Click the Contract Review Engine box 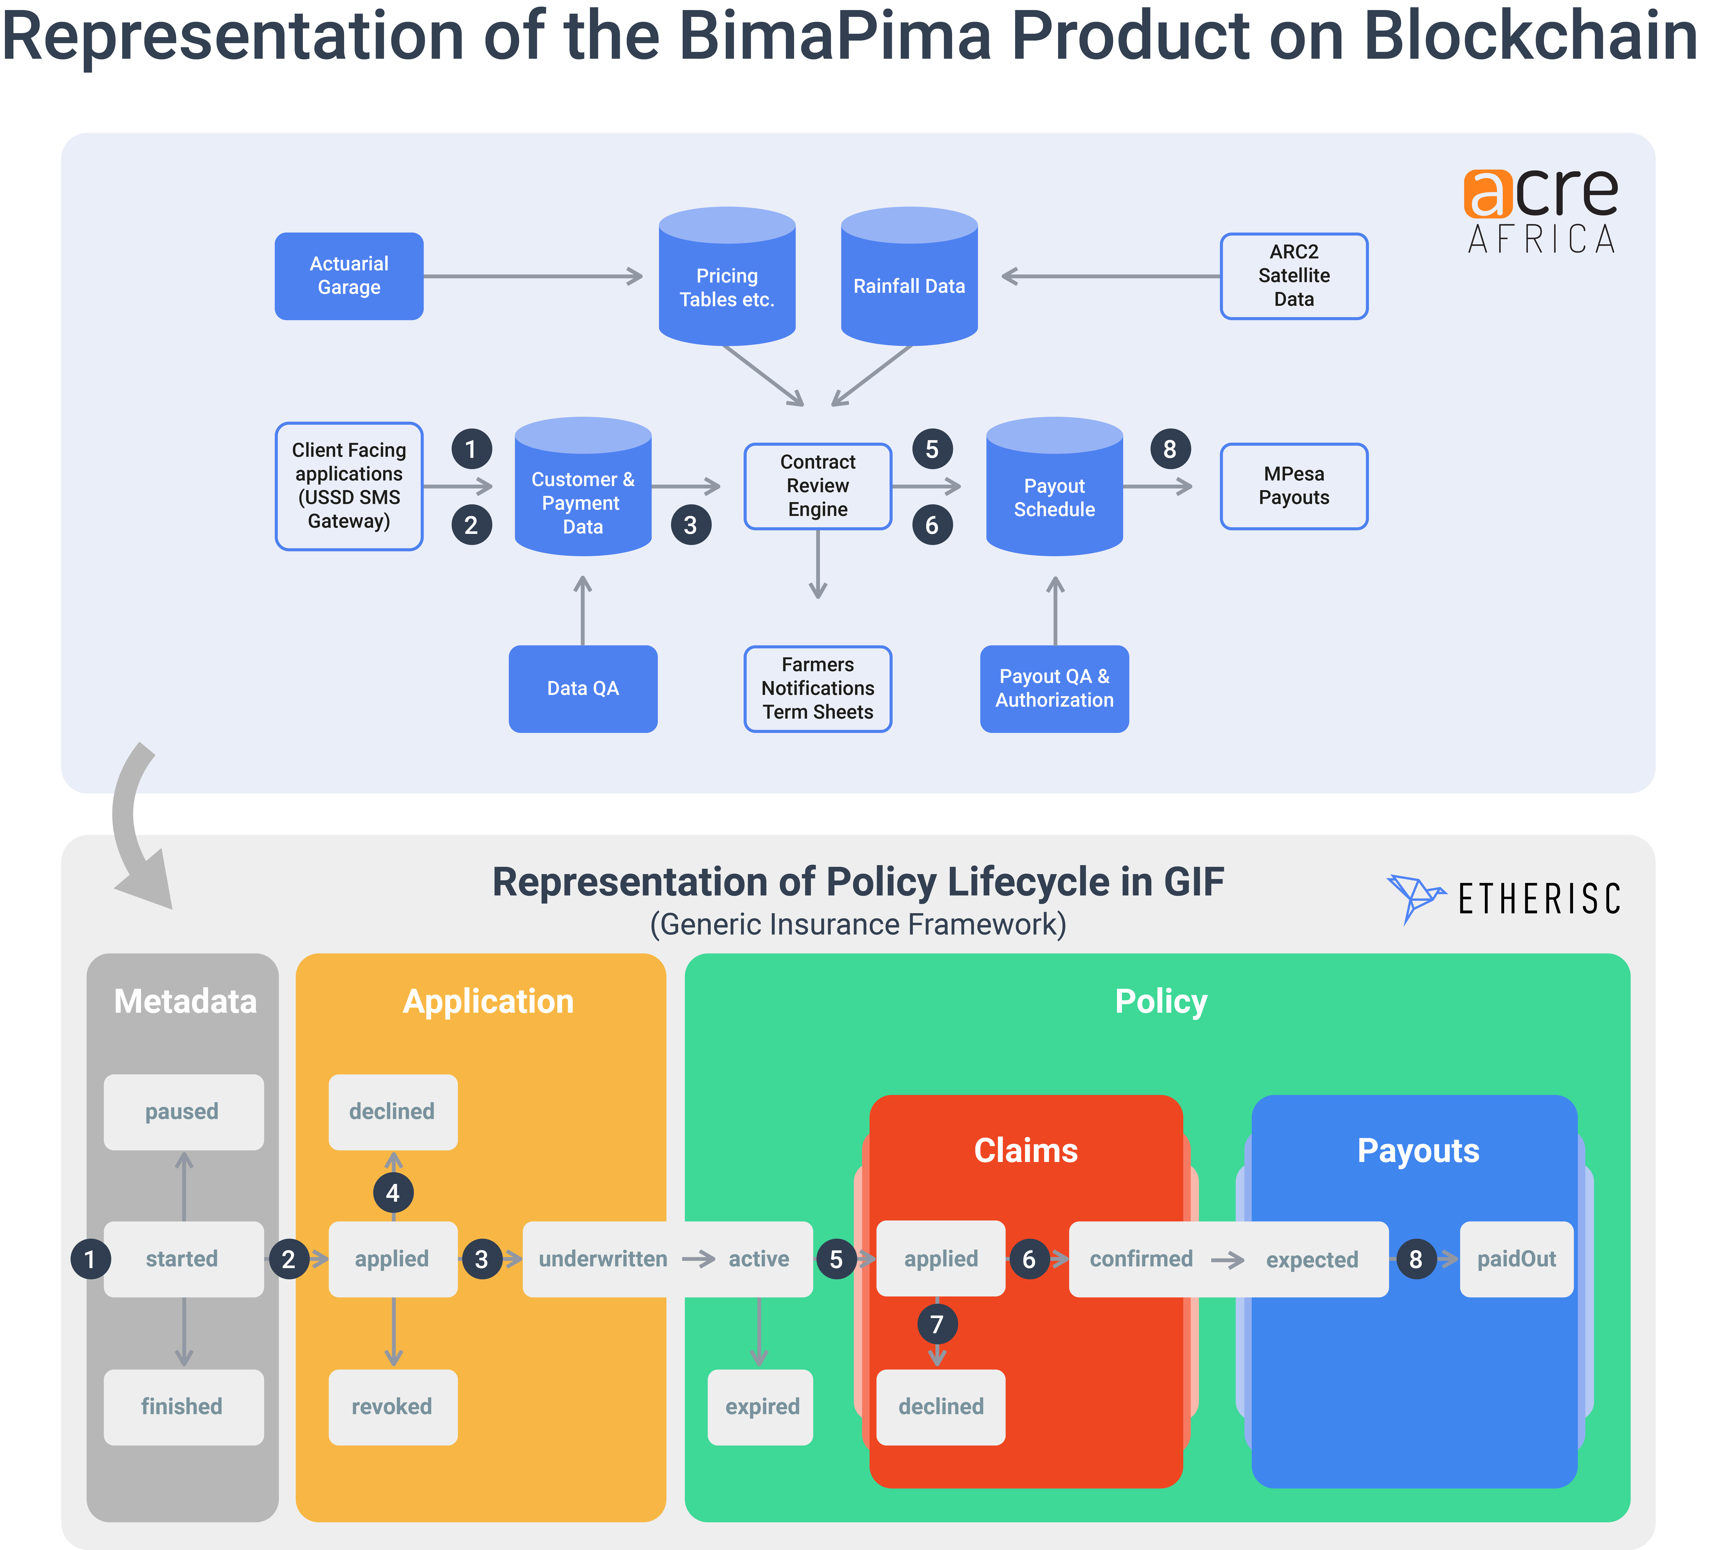[x=818, y=485]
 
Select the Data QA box [x=583, y=688]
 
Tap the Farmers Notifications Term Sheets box [x=818, y=688]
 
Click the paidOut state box [x=1516, y=1259]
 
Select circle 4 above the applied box [x=393, y=1192]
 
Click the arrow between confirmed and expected [x=1227, y=1260]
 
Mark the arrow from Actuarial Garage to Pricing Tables [x=532, y=276]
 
